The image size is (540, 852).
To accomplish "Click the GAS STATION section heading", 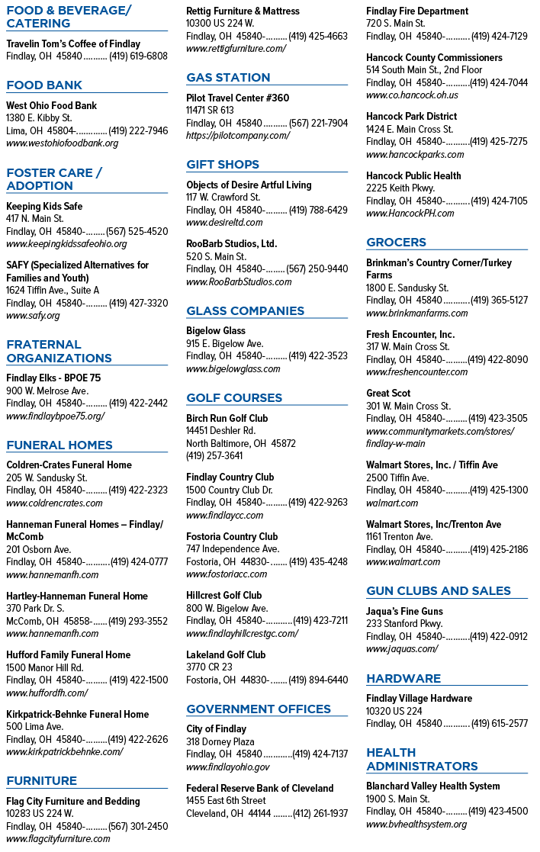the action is [x=228, y=78].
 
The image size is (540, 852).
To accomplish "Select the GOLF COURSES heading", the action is [x=234, y=397].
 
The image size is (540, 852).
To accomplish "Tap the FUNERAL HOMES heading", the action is [x=59, y=445].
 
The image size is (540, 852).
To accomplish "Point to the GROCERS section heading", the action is [x=396, y=243].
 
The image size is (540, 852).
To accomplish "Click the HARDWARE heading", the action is [x=403, y=679].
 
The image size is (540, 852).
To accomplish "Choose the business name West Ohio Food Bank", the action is [x=52, y=105].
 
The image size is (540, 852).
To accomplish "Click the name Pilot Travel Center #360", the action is [x=237, y=98].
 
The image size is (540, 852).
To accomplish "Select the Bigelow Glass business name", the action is [x=216, y=330].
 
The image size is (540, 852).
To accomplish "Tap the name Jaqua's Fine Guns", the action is [x=404, y=611].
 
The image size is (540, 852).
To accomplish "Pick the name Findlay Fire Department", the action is [x=417, y=11].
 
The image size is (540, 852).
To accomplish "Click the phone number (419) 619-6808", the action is [x=139, y=56].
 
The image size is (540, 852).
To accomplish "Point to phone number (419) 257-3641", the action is [x=214, y=456].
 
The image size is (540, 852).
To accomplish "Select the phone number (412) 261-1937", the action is [x=320, y=813].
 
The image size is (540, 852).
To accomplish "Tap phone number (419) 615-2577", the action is [x=500, y=724].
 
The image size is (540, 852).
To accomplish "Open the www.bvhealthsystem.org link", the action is [x=416, y=825].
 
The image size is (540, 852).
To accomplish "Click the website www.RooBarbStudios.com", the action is [x=239, y=282].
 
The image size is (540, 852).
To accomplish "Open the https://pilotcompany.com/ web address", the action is [x=238, y=136].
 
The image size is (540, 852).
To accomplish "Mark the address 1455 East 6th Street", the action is [x=226, y=801].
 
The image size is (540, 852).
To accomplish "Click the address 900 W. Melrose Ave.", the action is [x=47, y=391].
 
